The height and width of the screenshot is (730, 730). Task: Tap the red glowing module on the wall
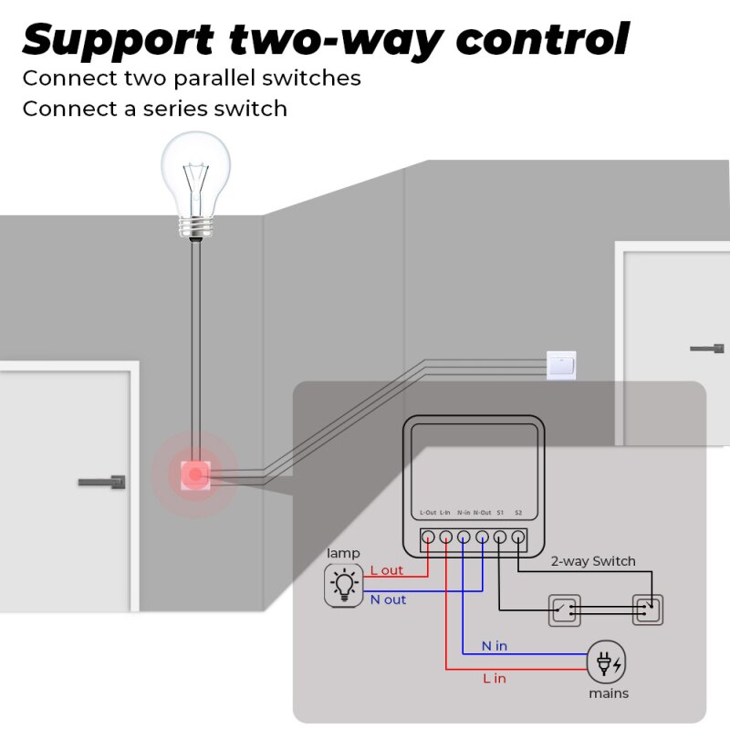coord(195,474)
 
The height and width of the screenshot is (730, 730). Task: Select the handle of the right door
coord(707,348)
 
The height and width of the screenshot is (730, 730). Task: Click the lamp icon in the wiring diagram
coord(344,585)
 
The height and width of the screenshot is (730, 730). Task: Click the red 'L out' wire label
coord(386,570)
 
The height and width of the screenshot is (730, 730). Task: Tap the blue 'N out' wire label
coord(388,600)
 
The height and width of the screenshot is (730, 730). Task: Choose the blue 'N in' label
coord(495,646)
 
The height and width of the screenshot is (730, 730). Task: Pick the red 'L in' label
coord(494,678)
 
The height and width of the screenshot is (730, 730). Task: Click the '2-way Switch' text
coord(593,561)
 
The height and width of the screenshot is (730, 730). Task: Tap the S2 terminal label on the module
coord(518,513)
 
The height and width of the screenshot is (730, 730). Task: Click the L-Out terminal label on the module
coord(428,513)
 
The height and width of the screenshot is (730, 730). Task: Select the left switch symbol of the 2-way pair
coord(563,609)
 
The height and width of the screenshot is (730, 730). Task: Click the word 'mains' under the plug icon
coord(608,693)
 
